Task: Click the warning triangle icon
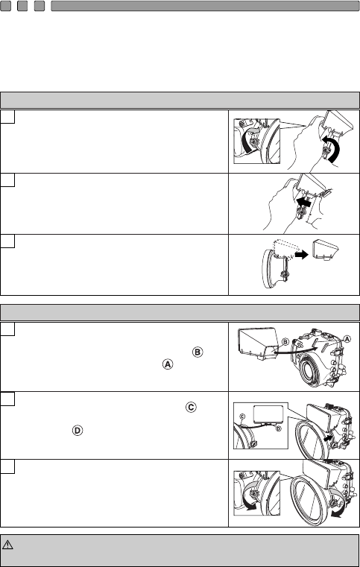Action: coord(7,545)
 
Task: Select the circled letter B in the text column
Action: coord(198,352)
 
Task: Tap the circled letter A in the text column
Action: coord(168,364)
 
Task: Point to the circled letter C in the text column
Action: coord(191,407)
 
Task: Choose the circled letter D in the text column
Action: coord(78,431)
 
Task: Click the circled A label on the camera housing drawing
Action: coord(347,339)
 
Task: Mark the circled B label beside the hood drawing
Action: coord(285,342)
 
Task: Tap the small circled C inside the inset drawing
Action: coord(243,417)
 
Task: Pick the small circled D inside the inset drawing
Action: coord(278,429)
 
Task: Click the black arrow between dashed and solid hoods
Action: coord(301,255)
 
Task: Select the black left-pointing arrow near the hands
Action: coord(303,203)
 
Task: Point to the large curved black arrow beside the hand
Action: coord(334,148)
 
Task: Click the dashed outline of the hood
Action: coord(285,250)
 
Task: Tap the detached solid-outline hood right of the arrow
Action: coord(326,249)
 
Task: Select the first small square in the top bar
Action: coord(5,6)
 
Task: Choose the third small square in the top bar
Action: coord(40,6)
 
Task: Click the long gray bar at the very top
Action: coord(205,6)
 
